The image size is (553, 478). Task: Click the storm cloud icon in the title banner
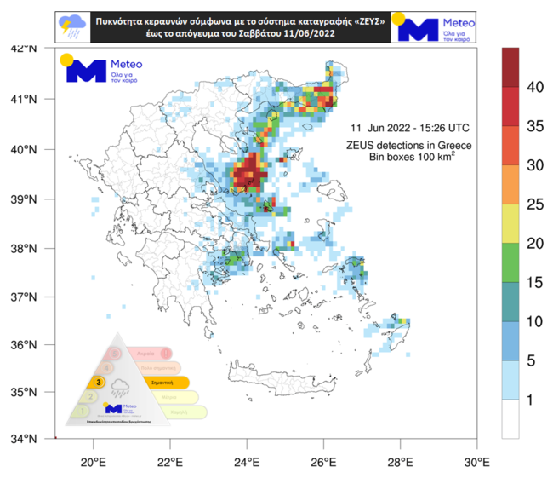tap(69, 28)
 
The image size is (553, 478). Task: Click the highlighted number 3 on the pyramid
tap(100, 382)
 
